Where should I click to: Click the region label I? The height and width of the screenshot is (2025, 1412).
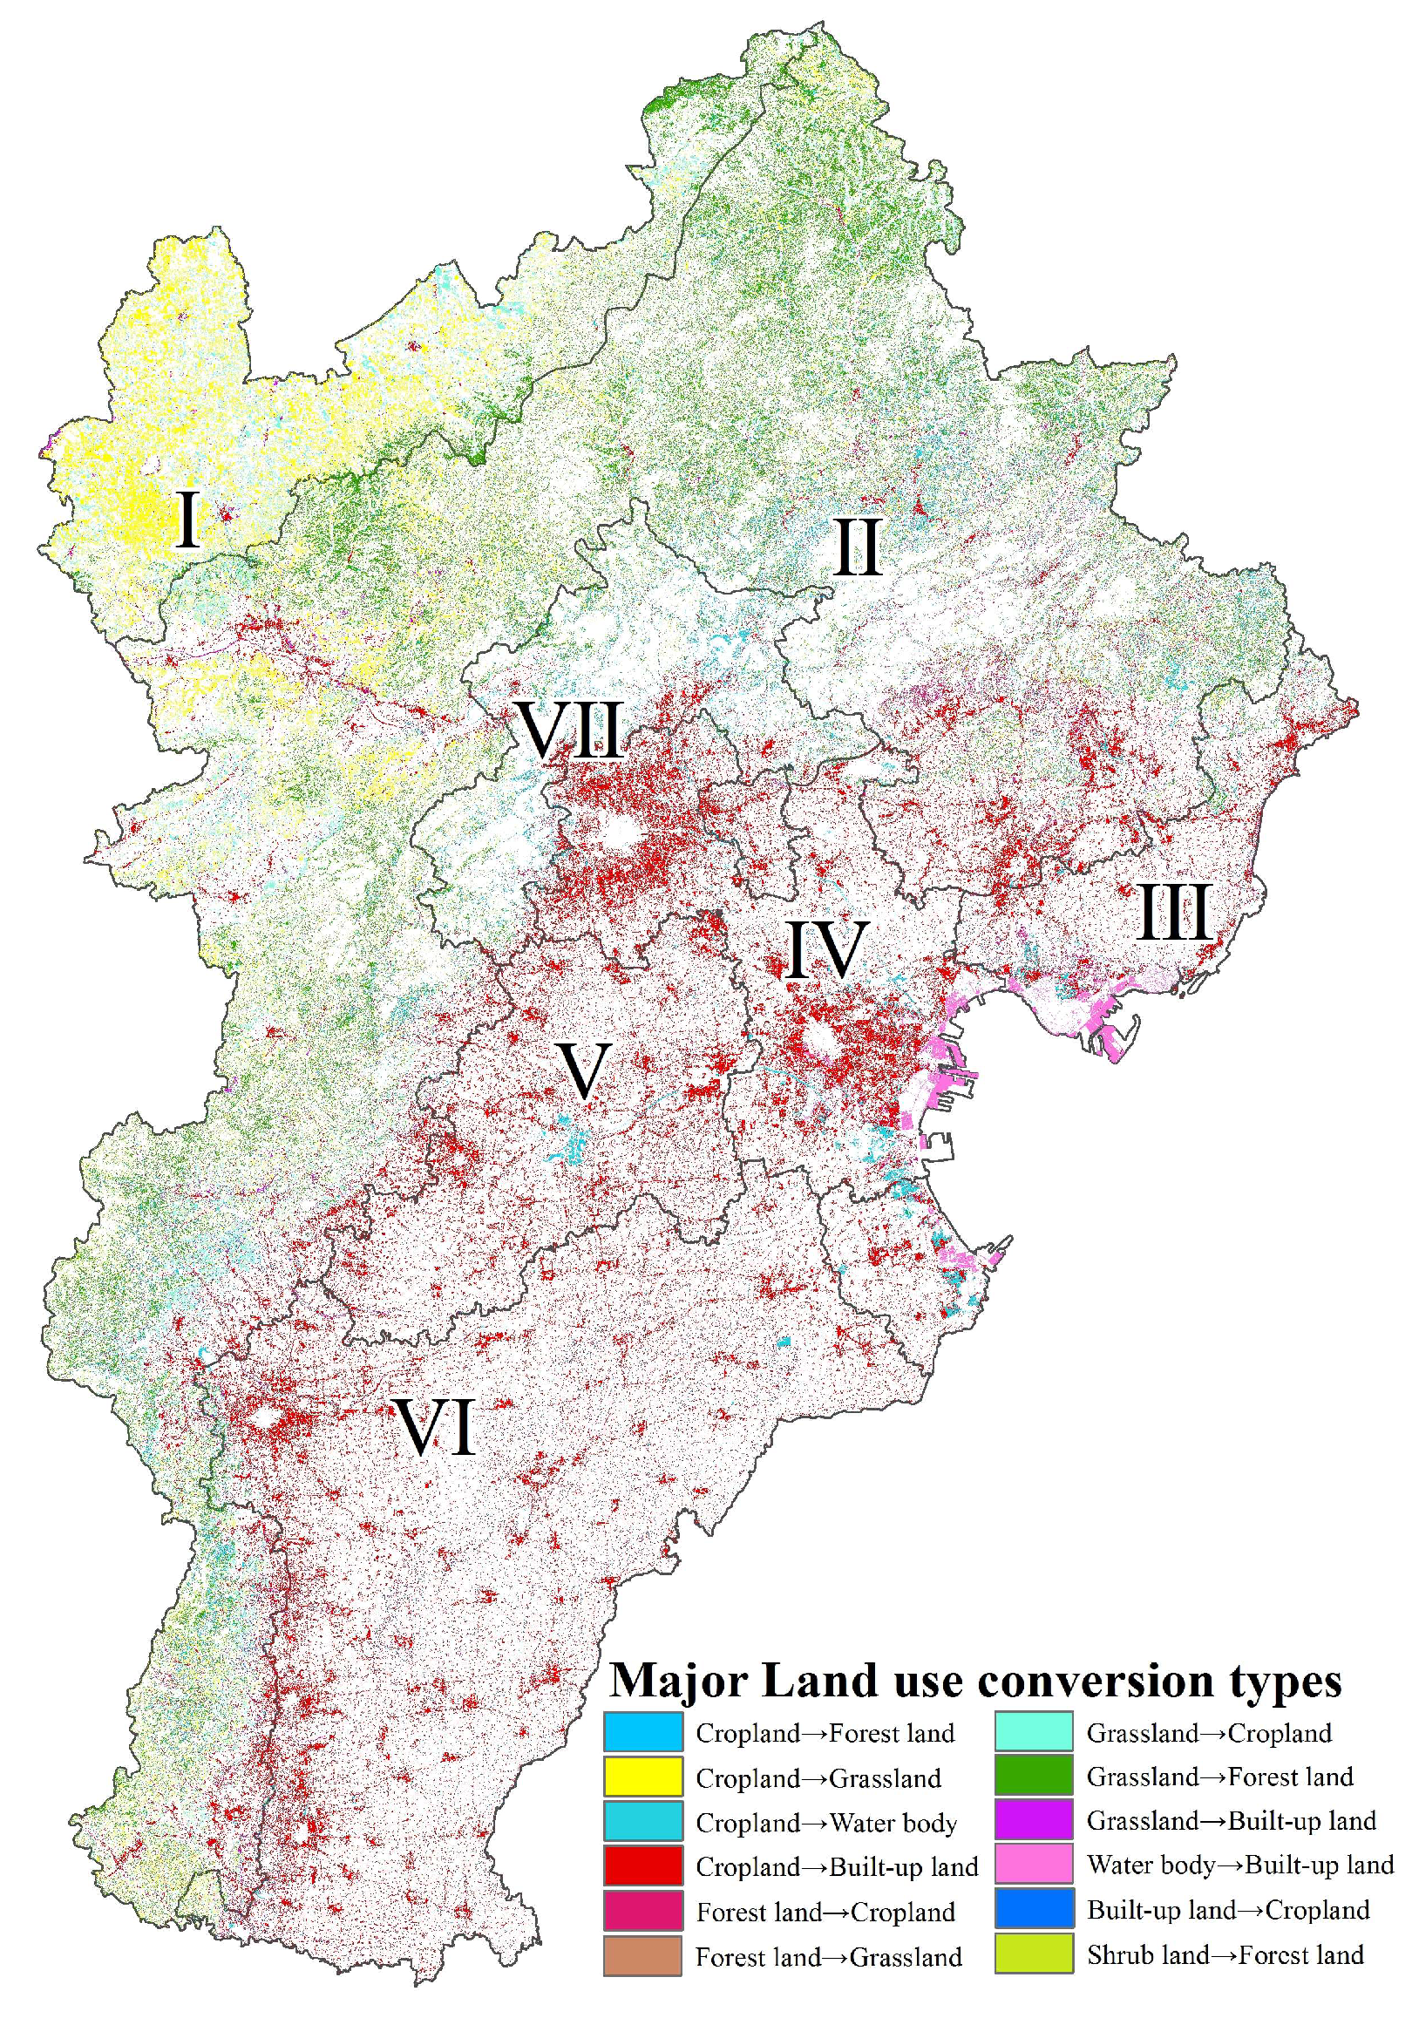pos(187,520)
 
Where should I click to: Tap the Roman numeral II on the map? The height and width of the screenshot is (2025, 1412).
pos(857,547)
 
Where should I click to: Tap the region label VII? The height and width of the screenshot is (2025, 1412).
pos(571,730)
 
